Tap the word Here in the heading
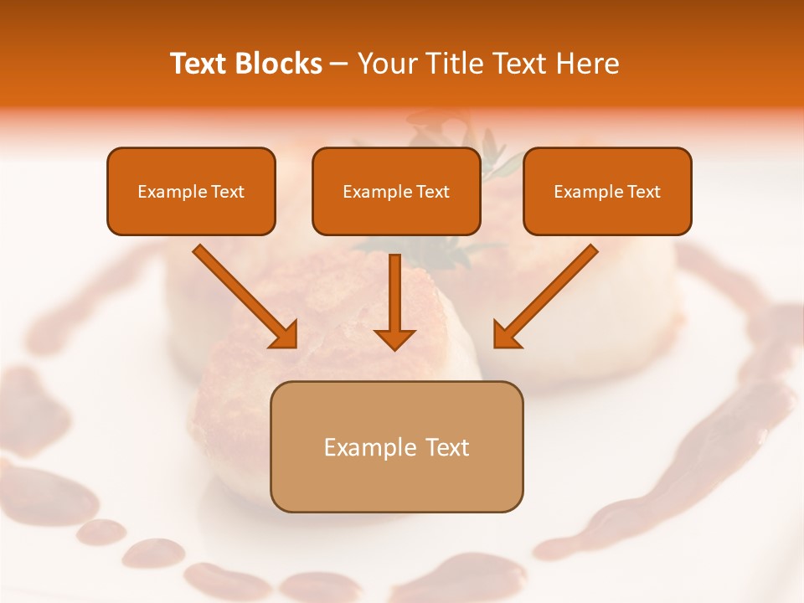click(586, 64)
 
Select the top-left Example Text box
click(191, 191)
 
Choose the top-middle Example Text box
click(396, 191)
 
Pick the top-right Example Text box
click(607, 191)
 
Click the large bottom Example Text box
click(396, 446)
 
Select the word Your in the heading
click(381, 64)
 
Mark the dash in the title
click(339, 64)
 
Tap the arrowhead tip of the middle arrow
click(394, 348)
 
